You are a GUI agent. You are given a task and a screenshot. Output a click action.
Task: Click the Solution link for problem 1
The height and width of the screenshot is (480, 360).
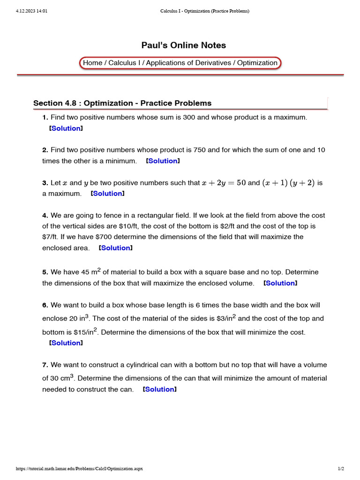66,128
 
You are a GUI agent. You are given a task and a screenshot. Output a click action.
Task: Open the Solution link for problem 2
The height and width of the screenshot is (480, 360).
163,161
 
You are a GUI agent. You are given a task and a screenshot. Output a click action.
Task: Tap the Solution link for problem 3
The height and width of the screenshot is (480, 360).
107,193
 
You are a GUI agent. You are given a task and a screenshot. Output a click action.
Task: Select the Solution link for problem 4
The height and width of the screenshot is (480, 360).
115,247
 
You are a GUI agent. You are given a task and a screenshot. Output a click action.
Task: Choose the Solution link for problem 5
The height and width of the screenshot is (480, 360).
280,283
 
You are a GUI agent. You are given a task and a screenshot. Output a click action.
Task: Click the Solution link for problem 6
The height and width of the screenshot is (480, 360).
66,343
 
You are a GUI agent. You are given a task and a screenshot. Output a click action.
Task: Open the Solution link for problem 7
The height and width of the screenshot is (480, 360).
160,389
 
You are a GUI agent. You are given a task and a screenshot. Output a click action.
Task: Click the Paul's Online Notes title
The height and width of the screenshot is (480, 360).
183,45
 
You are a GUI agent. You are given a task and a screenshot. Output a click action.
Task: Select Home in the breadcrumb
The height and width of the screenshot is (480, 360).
92,63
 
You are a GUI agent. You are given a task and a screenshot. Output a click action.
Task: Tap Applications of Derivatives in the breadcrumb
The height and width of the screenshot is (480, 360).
189,63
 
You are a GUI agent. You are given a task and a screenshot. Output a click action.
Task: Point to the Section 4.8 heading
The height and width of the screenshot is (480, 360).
122,103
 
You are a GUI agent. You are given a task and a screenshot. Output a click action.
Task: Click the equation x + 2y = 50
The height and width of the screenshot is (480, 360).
224,183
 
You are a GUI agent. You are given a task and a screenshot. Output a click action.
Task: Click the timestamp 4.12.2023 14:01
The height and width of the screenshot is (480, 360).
32,11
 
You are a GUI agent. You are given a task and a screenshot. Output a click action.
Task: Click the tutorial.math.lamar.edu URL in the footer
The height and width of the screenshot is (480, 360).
79,469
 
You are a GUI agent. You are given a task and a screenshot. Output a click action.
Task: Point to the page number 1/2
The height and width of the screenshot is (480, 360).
341,469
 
